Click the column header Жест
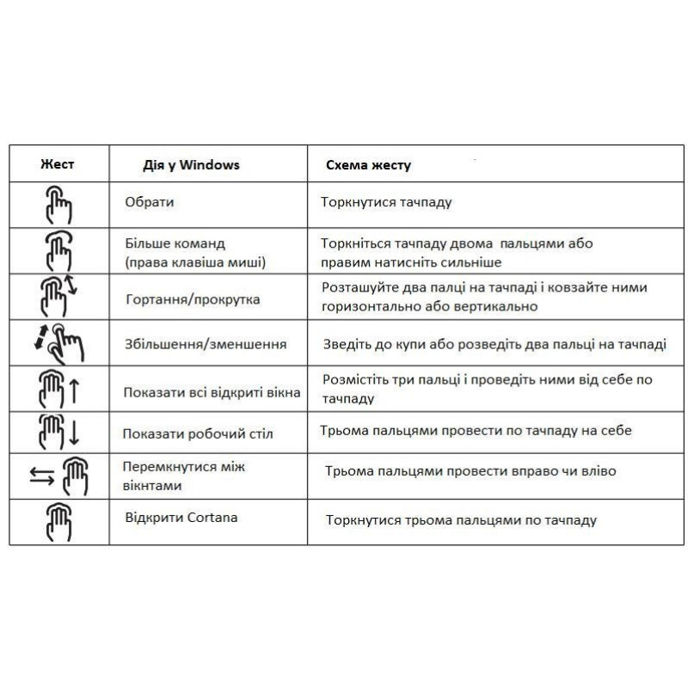(58, 163)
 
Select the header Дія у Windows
(191, 164)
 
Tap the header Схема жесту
(368, 165)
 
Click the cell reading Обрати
(149, 202)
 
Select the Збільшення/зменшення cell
(205, 344)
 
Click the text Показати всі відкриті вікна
(212, 392)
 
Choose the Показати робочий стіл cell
(198, 434)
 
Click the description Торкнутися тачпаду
(386, 203)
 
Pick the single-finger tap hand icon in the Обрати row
(58, 206)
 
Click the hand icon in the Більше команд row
(58, 250)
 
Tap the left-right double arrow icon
(40, 476)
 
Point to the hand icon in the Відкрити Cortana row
(58, 522)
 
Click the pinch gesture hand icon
(58, 342)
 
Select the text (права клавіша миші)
(194, 261)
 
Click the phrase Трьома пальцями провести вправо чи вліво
(470, 471)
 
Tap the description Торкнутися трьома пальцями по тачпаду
(461, 520)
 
